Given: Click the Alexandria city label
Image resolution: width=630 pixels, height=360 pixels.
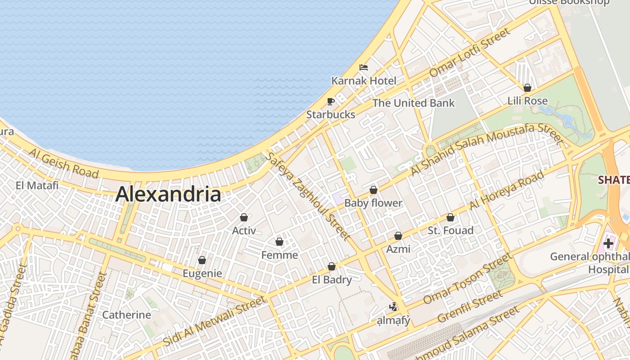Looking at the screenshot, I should tap(168, 194).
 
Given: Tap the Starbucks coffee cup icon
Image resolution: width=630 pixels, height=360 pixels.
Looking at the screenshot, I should tap(331, 101).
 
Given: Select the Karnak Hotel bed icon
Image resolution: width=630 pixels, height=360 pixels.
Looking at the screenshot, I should tap(364, 67).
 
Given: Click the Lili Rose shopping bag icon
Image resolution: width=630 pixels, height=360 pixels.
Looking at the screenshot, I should tap(527, 88).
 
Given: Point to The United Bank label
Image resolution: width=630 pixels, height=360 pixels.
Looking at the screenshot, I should tap(414, 103).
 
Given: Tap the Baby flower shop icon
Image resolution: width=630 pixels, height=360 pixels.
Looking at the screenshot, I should tap(373, 190).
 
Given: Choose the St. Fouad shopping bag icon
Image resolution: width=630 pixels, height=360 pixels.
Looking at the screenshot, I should tap(450, 217).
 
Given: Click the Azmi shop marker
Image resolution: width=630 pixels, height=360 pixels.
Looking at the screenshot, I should tap(398, 235).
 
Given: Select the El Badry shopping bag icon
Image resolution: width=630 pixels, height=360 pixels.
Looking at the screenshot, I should tap(332, 266).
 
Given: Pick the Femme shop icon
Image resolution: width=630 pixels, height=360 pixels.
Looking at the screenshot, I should tap(279, 242).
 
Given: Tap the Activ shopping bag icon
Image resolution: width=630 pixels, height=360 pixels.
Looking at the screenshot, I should tap(244, 217).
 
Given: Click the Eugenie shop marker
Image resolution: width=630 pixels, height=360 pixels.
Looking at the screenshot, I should tap(202, 260).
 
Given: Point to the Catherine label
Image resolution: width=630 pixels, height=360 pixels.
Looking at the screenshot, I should tap(126, 315).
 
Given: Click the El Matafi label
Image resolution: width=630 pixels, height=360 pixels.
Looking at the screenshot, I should tap(37, 185).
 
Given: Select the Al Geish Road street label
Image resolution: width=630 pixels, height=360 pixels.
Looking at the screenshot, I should tap(63, 162).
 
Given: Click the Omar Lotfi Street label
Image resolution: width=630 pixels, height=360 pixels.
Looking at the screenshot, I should tap(470, 52).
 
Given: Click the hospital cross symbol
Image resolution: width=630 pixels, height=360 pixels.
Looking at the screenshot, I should tap(608, 243).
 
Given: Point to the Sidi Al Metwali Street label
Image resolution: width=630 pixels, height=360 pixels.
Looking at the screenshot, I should tap(215, 320).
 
